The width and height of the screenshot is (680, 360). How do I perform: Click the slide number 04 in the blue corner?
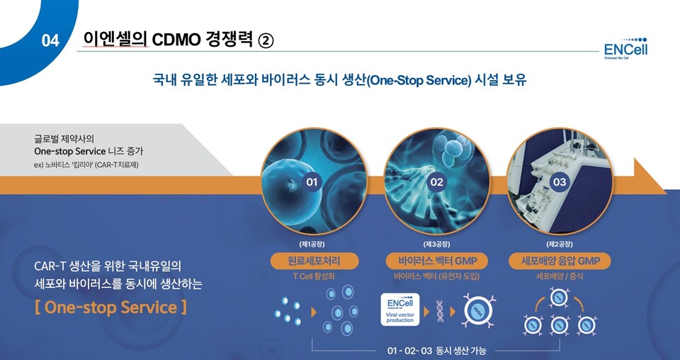coord(50,41)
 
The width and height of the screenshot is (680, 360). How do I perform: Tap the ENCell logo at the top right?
coord(625,46)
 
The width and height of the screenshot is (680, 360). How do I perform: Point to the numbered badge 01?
coord(312,182)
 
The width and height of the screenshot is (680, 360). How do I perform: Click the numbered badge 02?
coord(436,182)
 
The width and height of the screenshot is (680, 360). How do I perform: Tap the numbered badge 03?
coord(560,182)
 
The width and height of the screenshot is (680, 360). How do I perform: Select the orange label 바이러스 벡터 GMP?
coord(436,261)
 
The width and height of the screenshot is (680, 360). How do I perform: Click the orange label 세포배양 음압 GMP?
coord(560,261)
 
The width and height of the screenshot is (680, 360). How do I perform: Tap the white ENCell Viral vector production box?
coord(400,310)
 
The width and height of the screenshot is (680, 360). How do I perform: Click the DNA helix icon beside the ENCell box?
coord(440,310)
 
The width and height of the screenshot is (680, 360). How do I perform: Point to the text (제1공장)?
coord(313,244)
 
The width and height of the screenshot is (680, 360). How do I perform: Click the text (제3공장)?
coord(436,244)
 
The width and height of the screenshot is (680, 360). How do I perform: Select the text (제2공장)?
coord(560,244)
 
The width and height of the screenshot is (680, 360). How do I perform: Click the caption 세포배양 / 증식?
coord(560,276)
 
